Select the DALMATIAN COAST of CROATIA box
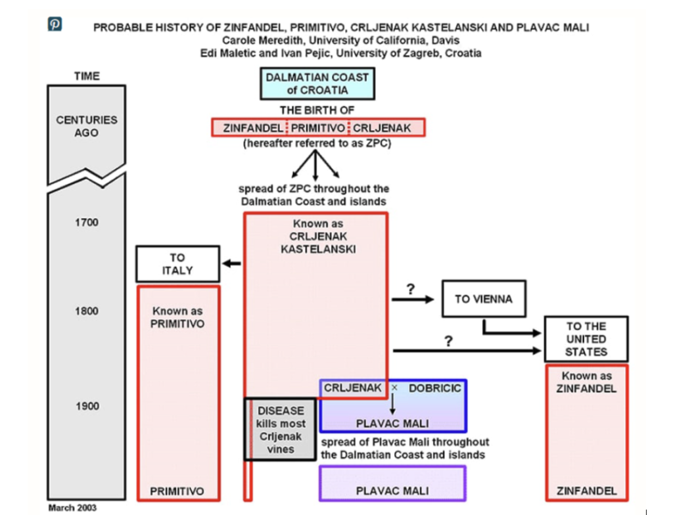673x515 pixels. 317,83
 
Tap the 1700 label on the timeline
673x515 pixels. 86,223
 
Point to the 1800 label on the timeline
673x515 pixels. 86,311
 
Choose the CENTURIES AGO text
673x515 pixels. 86,126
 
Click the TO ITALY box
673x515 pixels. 177,263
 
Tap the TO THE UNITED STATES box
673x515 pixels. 586,339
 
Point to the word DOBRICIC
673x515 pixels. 434,388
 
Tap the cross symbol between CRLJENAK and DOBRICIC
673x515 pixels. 394,388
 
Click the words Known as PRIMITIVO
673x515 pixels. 177,317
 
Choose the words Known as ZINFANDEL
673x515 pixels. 587,382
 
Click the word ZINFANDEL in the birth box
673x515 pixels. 253,127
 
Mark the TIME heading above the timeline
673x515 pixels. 87,76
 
